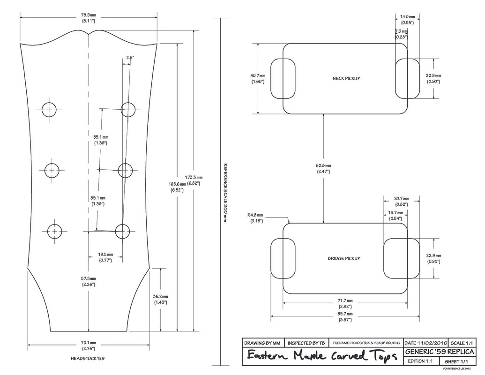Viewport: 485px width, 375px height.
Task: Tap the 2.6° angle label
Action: coord(130,58)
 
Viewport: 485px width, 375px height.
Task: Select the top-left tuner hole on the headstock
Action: coord(49,110)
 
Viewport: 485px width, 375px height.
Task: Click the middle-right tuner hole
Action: coord(125,170)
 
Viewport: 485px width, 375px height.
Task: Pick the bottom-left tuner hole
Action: coord(55,232)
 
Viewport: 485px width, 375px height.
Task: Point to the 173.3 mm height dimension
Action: coord(194,180)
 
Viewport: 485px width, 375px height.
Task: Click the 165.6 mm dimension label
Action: coord(177,187)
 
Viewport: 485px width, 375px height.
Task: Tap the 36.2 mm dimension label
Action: coord(160,300)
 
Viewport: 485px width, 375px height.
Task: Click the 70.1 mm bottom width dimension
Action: coord(89,345)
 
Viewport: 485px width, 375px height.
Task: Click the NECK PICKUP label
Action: coord(346,78)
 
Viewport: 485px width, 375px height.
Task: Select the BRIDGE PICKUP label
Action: coord(343,258)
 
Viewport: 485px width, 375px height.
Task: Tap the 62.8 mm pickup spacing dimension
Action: coord(324,168)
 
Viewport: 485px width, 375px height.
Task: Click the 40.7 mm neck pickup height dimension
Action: coord(258,78)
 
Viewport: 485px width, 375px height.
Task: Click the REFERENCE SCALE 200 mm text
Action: coord(225,193)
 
